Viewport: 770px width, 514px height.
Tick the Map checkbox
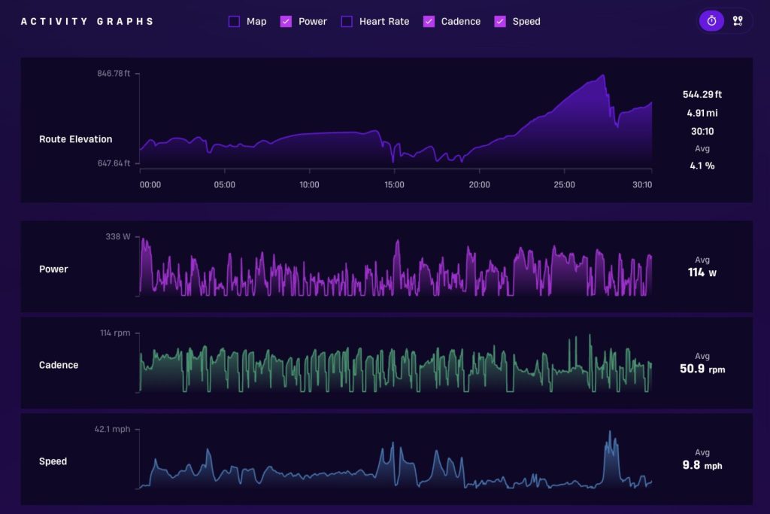pyautogui.click(x=235, y=21)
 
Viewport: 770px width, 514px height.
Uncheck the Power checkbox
pyautogui.click(x=286, y=21)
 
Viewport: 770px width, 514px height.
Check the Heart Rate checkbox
pyautogui.click(x=347, y=21)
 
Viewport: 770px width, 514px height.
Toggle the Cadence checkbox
pyautogui.click(x=429, y=21)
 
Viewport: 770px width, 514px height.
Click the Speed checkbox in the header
pyautogui.click(x=500, y=21)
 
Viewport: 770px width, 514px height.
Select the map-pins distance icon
pyautogui.click(x=738, y=20)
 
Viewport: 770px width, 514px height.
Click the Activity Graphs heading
pyautogui.click(x=87, y=22)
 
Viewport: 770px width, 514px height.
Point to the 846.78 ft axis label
pyautogui.click(x=114, y=73)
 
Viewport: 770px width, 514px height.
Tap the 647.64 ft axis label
pyautogui.click(x=114, y=163)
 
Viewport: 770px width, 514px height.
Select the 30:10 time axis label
pyautogui.click(x=642, y=185)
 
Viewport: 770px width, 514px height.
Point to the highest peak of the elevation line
pyautogui.click(x=603, y=75)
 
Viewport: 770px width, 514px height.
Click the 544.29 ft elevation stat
pyautogui.click(x=702, y=94)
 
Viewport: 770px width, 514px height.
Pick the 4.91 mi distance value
pyautogui.click(x=702, y=113)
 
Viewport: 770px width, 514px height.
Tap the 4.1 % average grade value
pyautogui.click(x=702, y=166)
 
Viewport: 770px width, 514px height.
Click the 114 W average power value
pyautogui.click(x=702, y=272)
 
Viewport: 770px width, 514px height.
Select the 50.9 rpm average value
pyautogui.click(x=702, y=369)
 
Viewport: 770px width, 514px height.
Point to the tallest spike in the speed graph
pyautogui.click(x=610, y=432)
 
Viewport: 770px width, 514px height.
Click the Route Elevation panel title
pyautogui.click(x=76, y=139)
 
